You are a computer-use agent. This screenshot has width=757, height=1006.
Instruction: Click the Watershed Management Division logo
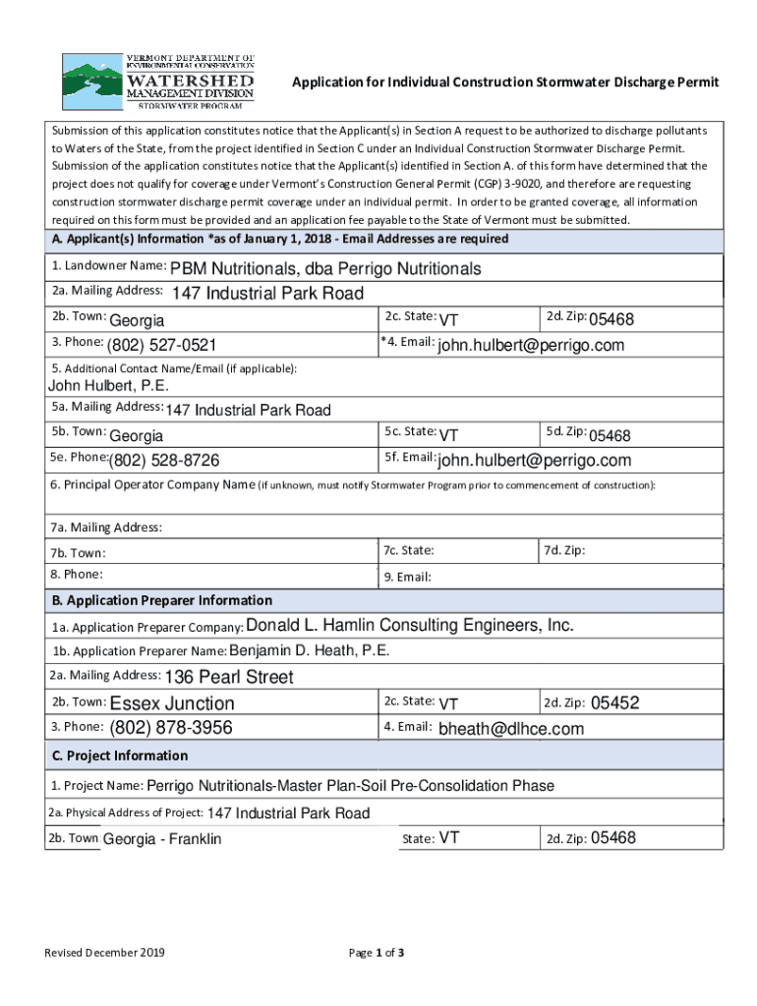click(x=157, y=80)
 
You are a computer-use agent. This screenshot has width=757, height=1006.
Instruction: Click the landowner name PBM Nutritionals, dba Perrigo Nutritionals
click(x=325, y=268)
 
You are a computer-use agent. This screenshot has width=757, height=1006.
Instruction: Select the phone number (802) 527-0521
click(x=162, y=345)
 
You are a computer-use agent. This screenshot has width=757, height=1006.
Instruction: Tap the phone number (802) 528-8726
click(x=164, y=461)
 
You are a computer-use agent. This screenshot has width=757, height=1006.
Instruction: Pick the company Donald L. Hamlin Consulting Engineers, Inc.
click(x=410, y=626)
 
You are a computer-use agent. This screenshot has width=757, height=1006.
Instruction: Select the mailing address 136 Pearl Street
click(x=229, y=677)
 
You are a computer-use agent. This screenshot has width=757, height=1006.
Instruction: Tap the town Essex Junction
click(x=172, y=703)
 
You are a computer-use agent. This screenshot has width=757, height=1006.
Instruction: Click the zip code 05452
click(x=615, y=702)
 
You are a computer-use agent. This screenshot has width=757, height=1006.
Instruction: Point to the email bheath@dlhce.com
click(x=511, y=729)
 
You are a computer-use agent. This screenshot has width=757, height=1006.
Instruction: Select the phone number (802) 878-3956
click(x=171, y=728)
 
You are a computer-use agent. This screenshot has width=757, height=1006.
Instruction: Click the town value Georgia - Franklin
click(x=162, y=839)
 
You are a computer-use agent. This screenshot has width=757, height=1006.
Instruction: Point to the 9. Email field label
click(x=408, y=577)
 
